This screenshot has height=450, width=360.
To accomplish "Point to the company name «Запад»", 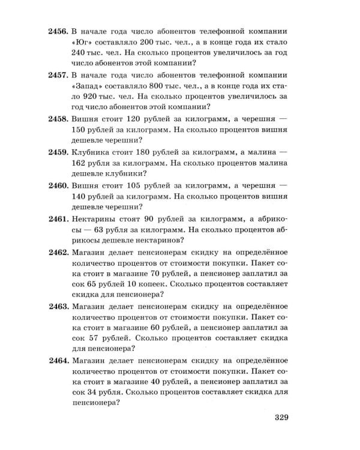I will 88,94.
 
